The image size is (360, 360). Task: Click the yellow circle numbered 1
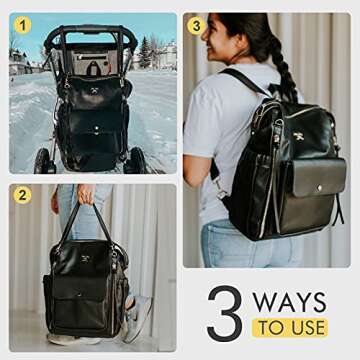22,25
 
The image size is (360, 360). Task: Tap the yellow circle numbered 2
22,195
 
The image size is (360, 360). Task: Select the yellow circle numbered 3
196,25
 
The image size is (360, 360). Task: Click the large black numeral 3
225,314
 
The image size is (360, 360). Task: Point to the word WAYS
290,301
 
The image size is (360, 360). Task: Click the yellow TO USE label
289,327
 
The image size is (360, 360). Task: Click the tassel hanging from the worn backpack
338,205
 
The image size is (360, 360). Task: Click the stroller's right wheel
137,160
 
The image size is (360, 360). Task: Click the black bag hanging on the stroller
93,115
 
